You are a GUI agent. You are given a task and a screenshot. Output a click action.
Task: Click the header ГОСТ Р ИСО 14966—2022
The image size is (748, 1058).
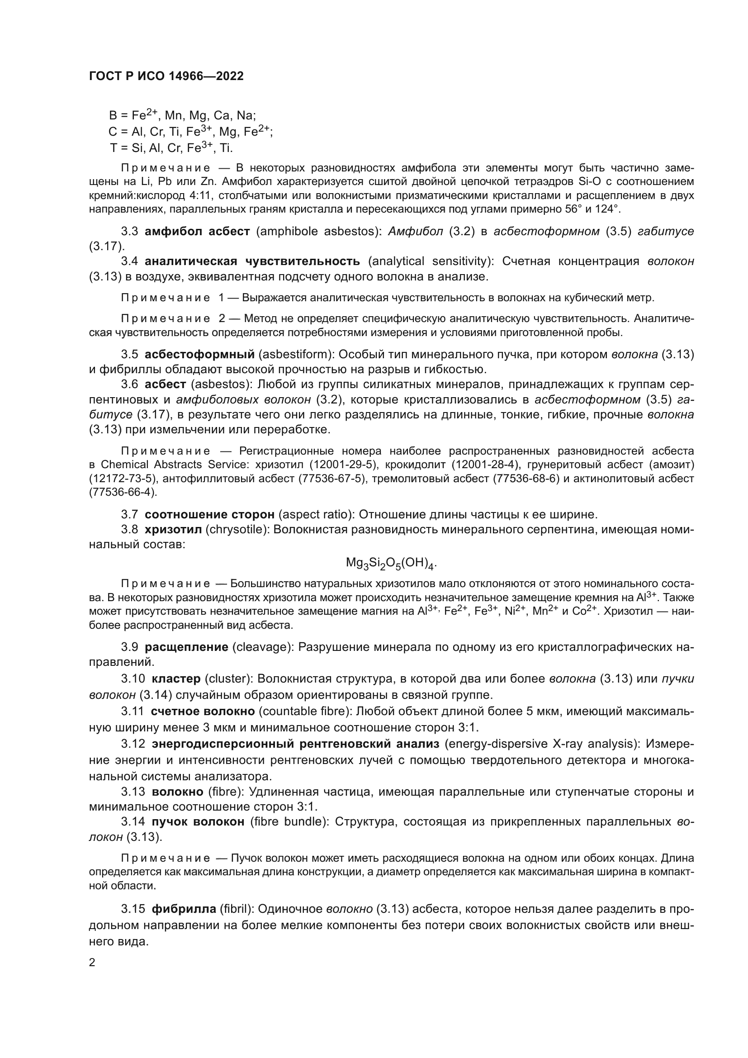tap(166, 76)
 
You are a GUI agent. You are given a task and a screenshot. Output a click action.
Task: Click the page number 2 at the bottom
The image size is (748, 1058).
tap(92, 962)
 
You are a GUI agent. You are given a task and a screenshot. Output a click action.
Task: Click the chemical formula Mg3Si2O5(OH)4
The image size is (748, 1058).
tap(391, 563)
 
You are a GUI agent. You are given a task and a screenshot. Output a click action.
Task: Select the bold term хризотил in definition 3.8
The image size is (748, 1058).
tap(173, 530)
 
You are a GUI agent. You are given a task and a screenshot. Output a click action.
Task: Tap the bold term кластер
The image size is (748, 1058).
tap(176, 679)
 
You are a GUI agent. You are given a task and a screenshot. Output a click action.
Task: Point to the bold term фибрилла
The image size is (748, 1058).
tap(184, 909)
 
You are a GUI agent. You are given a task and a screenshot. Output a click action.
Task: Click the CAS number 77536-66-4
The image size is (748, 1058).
tap(122, 492)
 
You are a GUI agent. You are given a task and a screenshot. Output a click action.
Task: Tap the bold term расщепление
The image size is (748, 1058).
tap(186, 647)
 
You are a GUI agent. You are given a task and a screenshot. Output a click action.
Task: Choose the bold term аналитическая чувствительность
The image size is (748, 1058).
tap(252, 261)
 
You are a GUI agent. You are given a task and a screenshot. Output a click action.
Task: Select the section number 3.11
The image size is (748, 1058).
tap(133, 711)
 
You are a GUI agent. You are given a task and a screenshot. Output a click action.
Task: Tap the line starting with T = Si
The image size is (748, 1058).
tap(171, 148)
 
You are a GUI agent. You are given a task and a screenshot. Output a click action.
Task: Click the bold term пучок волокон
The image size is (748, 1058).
tap(198, 821)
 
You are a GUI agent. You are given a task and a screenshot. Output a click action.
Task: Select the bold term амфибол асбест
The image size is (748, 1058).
tap(197, 231)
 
